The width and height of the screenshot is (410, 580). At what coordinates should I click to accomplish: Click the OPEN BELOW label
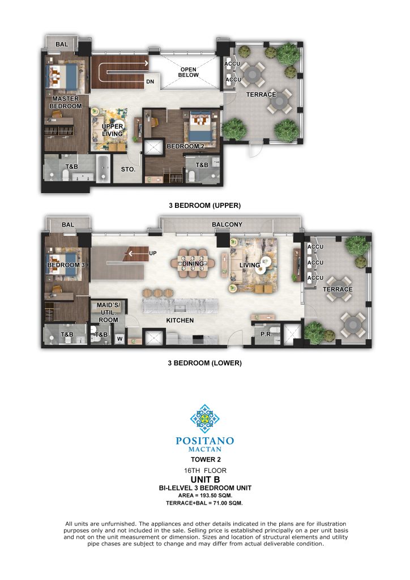188,72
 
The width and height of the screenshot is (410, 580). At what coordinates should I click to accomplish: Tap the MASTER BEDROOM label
66,103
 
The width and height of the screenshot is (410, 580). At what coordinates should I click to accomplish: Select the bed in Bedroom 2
202,126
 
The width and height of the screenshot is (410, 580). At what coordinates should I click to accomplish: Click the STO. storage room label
128,169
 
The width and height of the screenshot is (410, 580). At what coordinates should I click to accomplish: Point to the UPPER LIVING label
112,130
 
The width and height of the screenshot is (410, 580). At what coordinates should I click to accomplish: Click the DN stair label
150,82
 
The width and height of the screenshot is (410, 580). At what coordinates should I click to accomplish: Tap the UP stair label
152,253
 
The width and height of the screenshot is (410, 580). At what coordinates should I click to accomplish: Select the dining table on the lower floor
192,263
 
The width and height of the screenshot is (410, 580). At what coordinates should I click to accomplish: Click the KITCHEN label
180,321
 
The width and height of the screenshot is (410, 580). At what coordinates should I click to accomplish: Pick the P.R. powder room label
266,334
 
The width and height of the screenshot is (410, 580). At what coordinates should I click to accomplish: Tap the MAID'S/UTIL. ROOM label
108,313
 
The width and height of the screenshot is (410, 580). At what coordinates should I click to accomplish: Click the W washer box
120,339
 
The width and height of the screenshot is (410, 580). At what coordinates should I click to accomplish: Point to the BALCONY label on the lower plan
227,224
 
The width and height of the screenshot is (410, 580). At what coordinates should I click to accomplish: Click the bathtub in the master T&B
103,168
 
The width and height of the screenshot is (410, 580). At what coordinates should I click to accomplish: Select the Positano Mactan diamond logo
204,419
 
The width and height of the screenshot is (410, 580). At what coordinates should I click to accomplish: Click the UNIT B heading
205,479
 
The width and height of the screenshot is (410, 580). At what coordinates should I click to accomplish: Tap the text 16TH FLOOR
205,471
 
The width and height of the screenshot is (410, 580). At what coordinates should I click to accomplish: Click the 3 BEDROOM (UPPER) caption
205,205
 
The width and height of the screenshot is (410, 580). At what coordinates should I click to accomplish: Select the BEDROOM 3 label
66,265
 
